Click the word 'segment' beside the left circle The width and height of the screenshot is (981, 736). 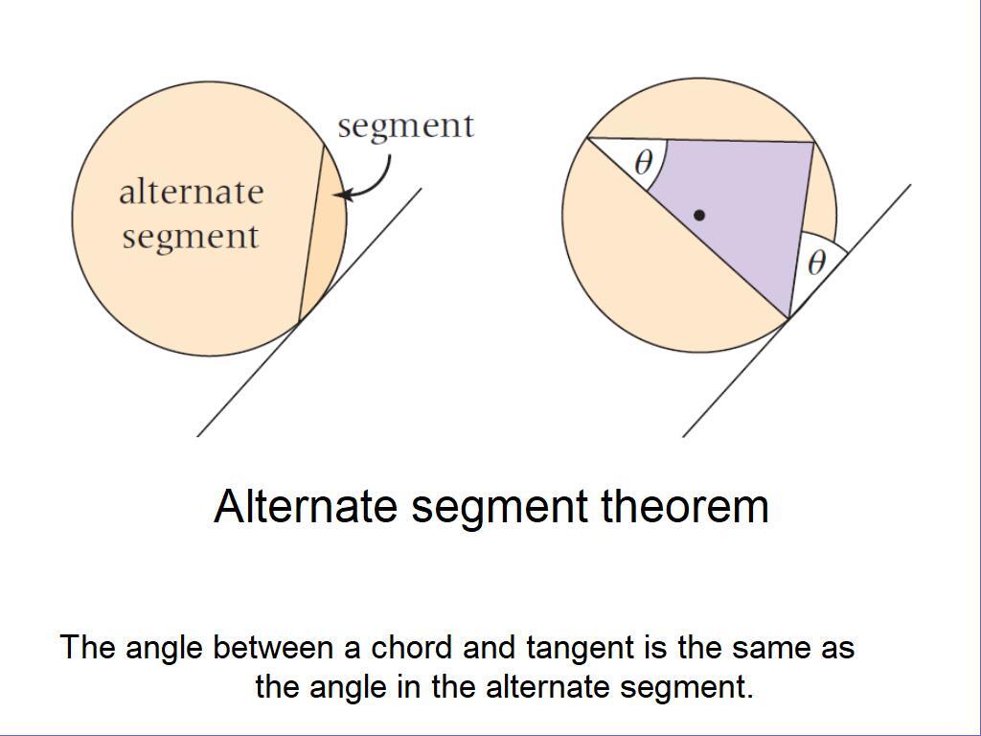pos(405,126)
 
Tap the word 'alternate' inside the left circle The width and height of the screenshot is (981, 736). pos(191,192)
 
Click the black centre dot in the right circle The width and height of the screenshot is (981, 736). pos(699,216)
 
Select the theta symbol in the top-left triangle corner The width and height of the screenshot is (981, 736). pos(644,162)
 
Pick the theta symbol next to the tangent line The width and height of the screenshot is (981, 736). pos(815,262)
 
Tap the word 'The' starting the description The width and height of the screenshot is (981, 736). pos(88,648)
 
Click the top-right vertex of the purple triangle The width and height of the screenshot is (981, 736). pos(813,144)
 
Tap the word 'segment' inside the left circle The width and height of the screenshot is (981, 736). pos(190,236)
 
